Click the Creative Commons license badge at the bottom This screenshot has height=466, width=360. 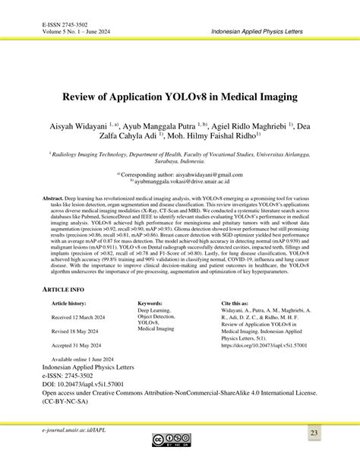point(179,441)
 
